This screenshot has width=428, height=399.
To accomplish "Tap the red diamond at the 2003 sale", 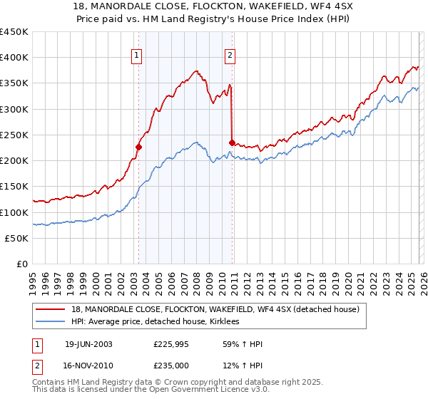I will pos(139,147).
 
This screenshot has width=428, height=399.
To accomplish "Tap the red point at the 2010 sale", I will pos(233,142).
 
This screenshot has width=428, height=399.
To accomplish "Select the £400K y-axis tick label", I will pos(14,58).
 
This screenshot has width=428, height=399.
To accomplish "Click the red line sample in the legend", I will pos(51,309).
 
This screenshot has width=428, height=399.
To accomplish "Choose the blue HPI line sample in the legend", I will pos(51,321).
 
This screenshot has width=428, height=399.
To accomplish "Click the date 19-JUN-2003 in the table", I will pos(88,344).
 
